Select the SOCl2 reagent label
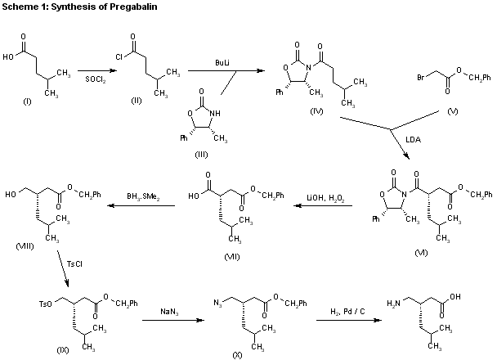click(x=96, y=79)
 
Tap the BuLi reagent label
click(x=222, y=62)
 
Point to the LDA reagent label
click(x=414, y=140)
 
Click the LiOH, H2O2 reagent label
click(x=325, y=198)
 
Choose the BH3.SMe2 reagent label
click(x=143, y=196)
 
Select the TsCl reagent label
click(x=74, y=264)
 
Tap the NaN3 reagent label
click(x=169, y=312)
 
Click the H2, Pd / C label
click(x=347, y=312)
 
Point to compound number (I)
click(x=27, y=101)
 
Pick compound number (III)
click(x=201, y=155)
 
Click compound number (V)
click(x=453, y=111)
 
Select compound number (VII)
click(x=232, y=257)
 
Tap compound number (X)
click(x=237, y=355)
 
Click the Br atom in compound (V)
click(x=421, y=77)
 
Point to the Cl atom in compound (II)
click(x=119, y=56)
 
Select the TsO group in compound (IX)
click(x=45, y=304)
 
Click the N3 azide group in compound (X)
click(x=217, y=303)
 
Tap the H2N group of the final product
click(x=393, y=304)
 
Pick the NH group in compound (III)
click(x=215, y=113)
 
